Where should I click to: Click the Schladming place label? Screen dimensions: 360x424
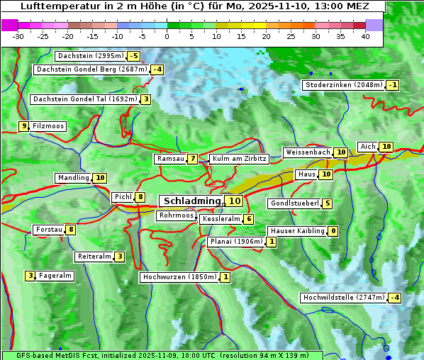click(192, 201)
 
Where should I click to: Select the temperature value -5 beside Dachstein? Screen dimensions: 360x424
click(133, 56)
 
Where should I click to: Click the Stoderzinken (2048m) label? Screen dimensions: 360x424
click(343, 85)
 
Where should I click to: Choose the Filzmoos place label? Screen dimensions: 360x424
click(48, 126)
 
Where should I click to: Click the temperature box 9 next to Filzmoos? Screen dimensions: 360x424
click(24, 126)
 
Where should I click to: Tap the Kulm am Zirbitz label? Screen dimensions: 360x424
click(239, 159)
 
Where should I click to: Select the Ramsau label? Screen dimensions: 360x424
click(170, 159)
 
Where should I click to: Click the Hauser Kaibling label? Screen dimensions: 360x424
click(297, 231)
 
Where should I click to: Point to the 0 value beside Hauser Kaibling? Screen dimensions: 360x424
click(333, 231)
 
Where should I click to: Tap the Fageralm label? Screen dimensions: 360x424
click(55, 276)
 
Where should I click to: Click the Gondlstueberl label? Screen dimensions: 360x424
click(294, 204)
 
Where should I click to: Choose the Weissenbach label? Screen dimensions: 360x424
click(307, 152)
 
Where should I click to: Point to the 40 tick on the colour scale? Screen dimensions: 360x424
click(365, 36)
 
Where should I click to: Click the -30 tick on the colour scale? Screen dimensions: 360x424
click(18, 36)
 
